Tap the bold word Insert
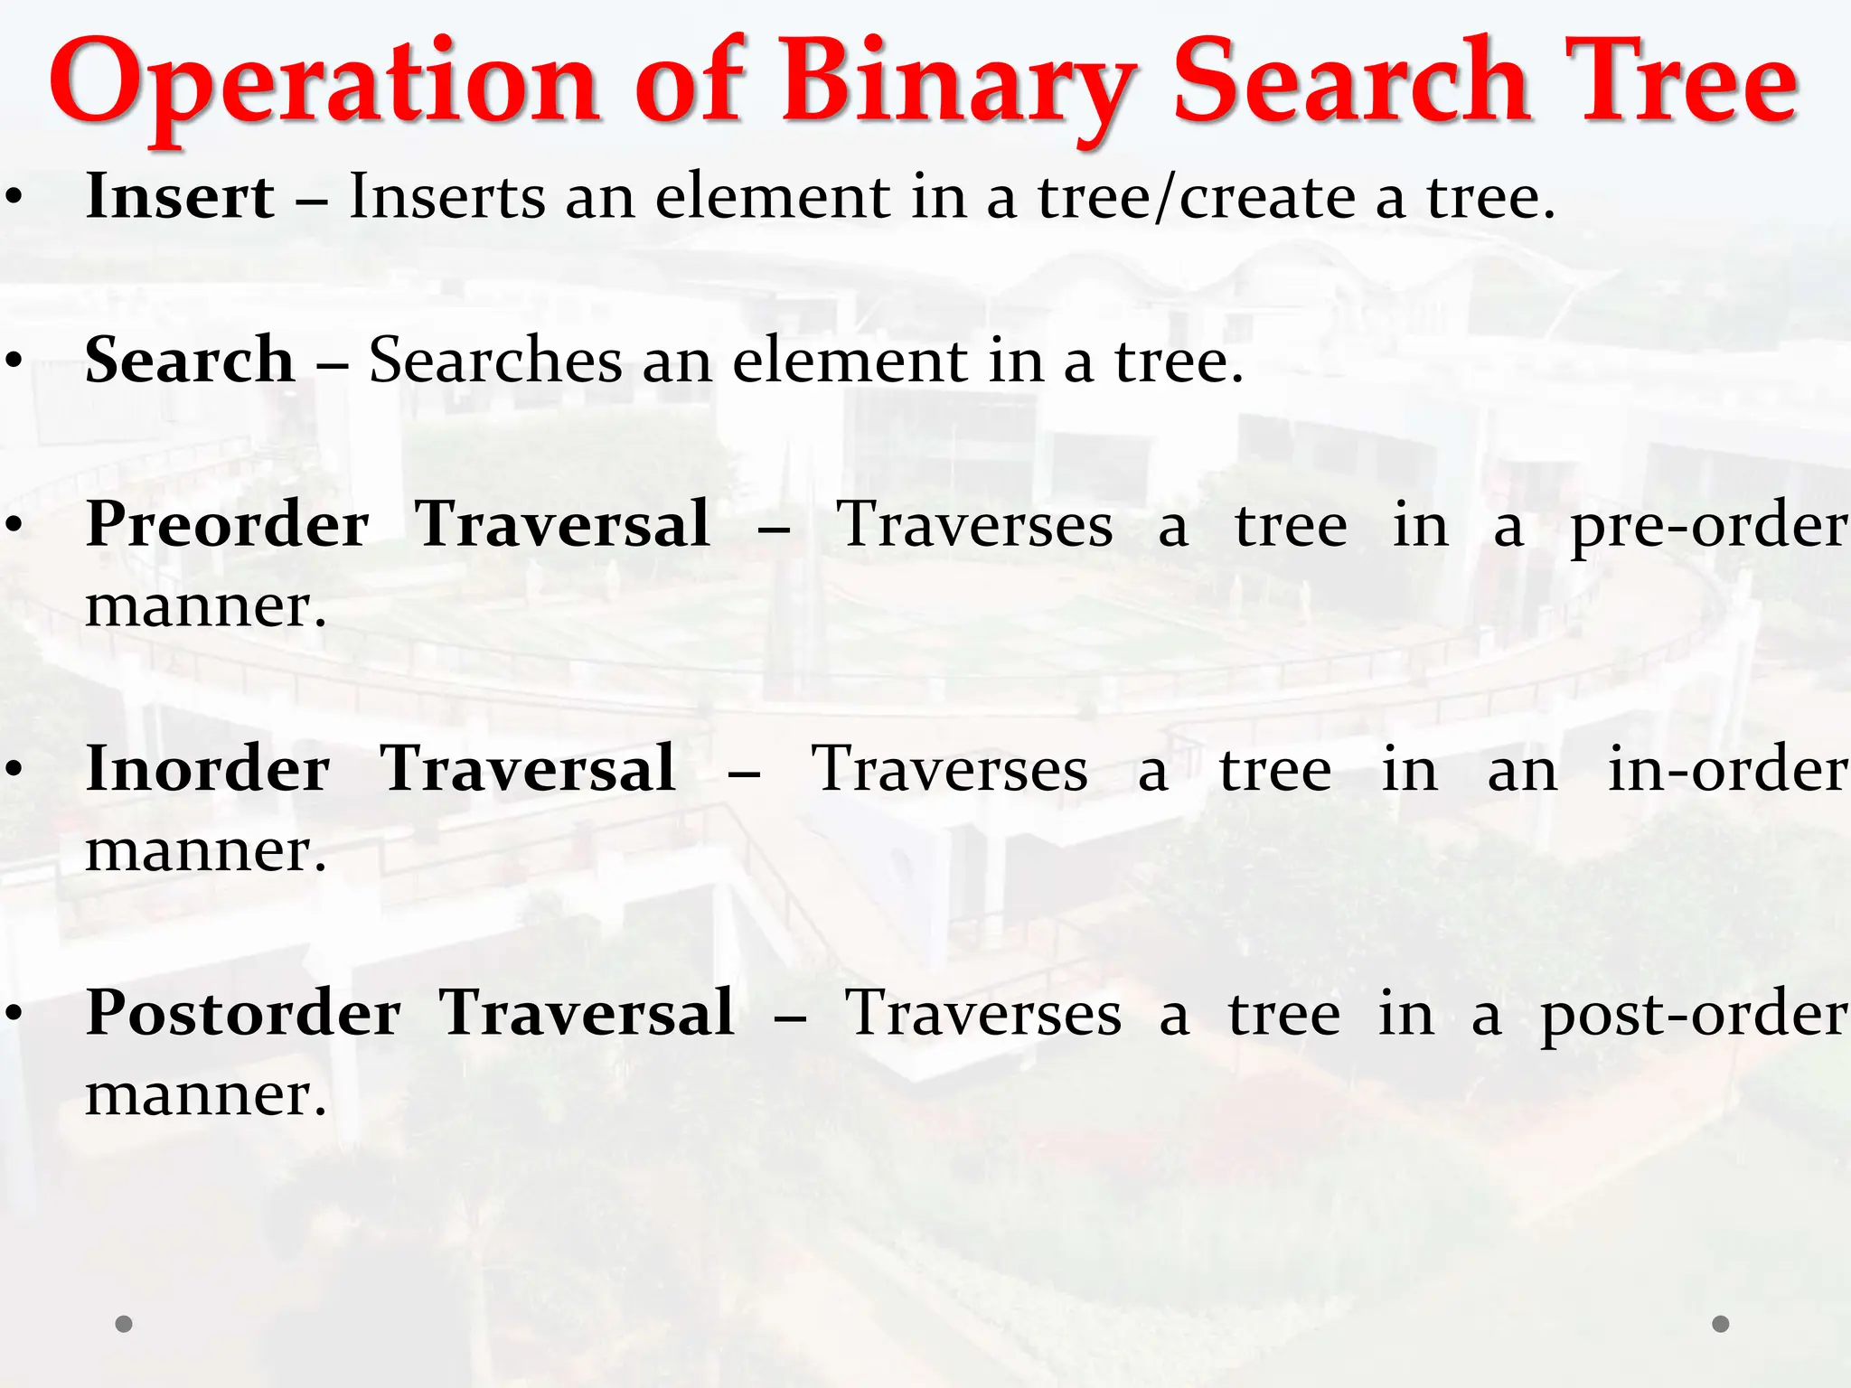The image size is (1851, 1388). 180,196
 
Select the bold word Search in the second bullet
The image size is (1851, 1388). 190,360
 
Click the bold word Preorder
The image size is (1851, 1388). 227,525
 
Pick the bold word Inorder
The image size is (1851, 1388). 208,769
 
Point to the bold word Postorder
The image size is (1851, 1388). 243,1013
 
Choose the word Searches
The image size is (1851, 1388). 495,361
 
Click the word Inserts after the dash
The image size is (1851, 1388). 447,196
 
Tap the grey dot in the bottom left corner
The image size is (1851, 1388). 125,1324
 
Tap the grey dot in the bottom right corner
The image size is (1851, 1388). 1721,1324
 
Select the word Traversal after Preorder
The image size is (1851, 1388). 562,525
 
